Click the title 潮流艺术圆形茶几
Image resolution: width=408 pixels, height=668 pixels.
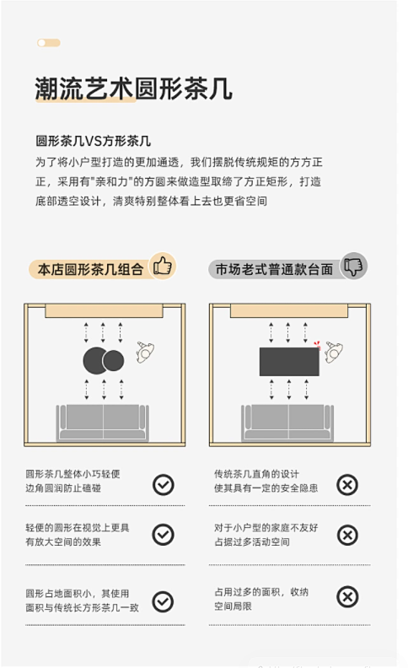pos(133,89)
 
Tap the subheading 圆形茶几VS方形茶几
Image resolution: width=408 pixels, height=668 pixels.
pos(93,141)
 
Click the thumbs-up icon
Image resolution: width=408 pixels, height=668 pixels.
pos(162,267)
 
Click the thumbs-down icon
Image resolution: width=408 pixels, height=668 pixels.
pos(353,267)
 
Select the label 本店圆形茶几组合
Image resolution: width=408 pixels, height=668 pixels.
pos(90,269)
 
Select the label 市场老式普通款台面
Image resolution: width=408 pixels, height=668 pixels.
pos(274,269)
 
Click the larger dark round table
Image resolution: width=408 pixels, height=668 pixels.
pos(95,360)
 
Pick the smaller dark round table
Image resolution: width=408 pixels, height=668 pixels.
pos(113,361)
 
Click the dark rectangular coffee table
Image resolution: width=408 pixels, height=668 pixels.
pos(289,362)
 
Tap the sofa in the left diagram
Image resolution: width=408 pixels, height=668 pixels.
pos(103,423)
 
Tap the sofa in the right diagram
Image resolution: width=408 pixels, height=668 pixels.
pos(287,423)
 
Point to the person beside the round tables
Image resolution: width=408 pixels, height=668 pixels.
pos(145,352)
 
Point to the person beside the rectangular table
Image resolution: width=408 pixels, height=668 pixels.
pos(334,352)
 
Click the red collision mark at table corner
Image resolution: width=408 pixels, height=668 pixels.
pos(317,345)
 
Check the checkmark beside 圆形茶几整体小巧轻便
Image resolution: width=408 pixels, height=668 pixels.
pos(164,485)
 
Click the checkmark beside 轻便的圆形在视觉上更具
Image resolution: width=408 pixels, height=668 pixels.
pos(164,535)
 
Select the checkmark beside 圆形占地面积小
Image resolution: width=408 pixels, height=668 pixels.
pos(163,601)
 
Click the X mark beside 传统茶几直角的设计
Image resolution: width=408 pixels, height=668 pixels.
pos(347,485)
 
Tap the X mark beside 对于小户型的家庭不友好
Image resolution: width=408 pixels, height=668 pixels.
pos(347,535)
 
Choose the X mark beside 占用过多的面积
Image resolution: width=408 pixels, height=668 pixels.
pos(347,597)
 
